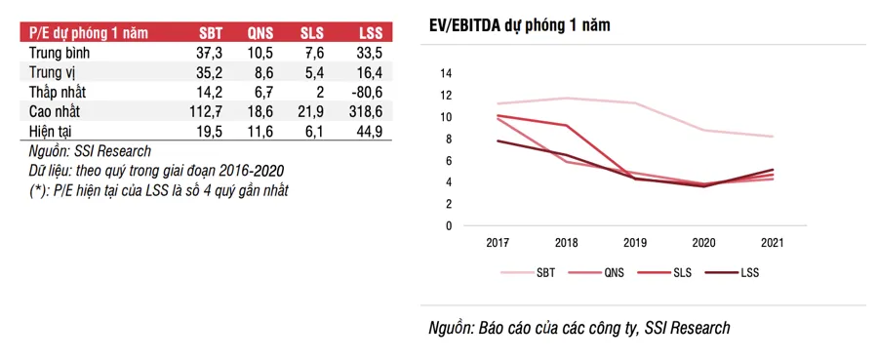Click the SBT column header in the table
210,32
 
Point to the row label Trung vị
55,72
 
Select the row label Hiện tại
52,131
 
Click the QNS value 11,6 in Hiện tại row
260,131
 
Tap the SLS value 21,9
313,112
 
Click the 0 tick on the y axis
449,225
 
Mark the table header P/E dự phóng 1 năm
83,32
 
